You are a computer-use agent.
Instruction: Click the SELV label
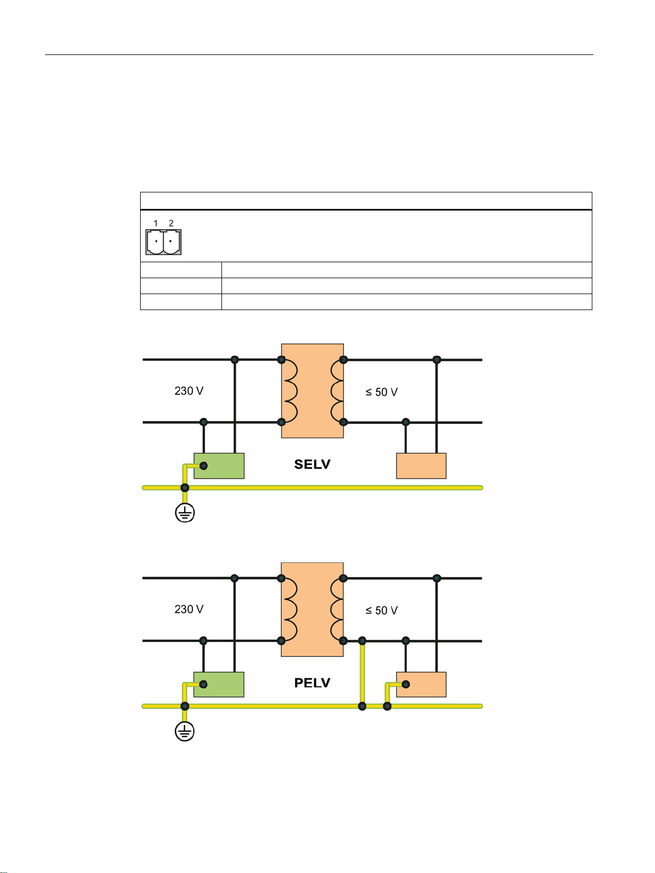point(312,465)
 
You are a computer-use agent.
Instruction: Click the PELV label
point(312,683)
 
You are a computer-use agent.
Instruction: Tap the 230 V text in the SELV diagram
point(189,391)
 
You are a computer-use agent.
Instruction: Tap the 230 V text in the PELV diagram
point(189,609)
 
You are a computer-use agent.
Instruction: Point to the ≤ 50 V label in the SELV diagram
point(381,392)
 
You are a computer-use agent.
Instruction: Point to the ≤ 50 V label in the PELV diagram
point(381,610)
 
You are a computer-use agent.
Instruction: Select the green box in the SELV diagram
point(219,466)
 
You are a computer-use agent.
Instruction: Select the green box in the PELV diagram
point(219,684)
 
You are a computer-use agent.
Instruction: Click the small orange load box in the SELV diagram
point(421,466)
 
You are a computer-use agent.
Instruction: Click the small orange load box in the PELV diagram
point(421,684)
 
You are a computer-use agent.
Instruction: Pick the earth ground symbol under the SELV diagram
point(185,513)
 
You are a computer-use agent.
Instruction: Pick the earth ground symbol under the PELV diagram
point(185,732)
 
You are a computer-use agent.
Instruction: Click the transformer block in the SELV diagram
point(312,391)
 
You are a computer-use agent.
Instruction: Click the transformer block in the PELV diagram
point(312,609)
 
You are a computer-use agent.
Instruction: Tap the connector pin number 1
point(156,223)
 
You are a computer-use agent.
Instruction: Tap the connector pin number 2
point(171,223)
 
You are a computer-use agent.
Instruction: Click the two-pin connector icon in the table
point(163,242)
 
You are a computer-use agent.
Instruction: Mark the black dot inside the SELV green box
point(204,466)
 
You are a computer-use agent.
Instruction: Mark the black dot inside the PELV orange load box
point(406,684)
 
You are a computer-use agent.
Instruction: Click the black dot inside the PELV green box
point(203,684)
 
